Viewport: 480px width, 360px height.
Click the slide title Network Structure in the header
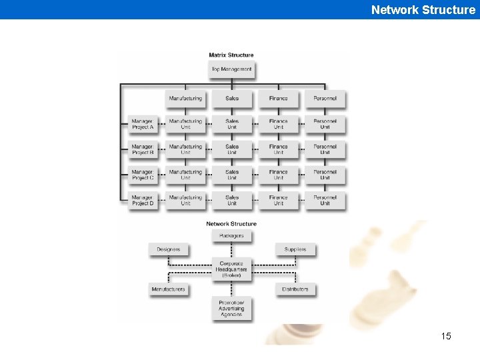point(423,9)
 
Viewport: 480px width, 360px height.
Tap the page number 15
point(446,336)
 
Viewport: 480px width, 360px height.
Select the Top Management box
point(231,69)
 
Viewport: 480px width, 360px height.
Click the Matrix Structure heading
point(231,55)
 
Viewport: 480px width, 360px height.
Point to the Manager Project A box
point(143,124)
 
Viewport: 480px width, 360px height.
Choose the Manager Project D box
point(143,200)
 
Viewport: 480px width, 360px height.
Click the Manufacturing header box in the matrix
point(185,99)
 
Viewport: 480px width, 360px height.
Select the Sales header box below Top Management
point(232,99)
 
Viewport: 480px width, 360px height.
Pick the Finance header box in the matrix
point(279,99)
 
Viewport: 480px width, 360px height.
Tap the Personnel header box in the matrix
point(325,99)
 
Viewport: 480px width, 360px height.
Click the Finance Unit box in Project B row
point(279,149)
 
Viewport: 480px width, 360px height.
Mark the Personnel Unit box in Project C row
point(325,175)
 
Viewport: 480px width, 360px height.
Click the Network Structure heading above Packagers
point(231,224)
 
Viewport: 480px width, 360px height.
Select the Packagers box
point(231,236)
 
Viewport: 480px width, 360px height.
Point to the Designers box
point(169,249)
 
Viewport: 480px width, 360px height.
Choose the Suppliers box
point(295,249)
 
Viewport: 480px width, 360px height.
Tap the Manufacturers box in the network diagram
point(169,289)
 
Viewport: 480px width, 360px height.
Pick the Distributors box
point(295,289)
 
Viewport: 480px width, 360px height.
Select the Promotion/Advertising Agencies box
point(231,308)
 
